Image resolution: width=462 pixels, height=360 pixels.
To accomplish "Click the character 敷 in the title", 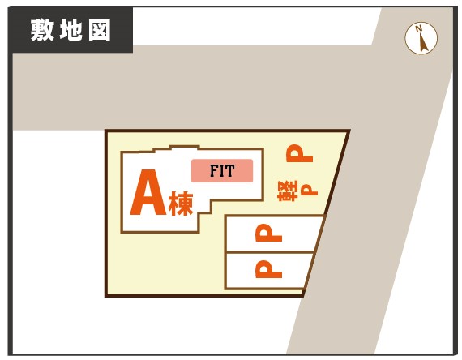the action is [x=42, y=30].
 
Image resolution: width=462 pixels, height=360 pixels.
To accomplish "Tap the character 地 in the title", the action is [x=71, y=30].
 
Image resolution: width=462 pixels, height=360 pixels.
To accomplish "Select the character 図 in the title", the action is [x=100, y=30].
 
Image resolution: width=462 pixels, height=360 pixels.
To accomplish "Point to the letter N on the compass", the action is [x=418, y=28].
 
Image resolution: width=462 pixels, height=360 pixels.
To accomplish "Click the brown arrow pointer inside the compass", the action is [x=423, y=42].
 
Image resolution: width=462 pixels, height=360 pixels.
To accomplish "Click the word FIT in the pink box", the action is [x=222, y=171].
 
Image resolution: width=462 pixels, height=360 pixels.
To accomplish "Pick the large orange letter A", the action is [x=148, y=192].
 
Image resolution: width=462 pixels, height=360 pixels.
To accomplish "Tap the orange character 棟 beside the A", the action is [x=181, y=204].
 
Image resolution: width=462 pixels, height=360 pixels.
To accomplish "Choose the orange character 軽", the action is [x=288, y=191].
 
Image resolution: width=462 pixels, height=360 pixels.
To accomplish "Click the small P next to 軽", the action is [x=309, y=190].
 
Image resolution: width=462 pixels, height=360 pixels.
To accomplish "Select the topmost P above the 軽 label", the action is [x=299, y=153].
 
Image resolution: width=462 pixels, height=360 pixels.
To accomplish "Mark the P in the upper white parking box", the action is [x=269, y=233].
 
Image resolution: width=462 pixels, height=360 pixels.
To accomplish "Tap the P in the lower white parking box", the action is [x=269, y=269].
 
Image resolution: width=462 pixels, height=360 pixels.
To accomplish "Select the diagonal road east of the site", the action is [x=368, y=207].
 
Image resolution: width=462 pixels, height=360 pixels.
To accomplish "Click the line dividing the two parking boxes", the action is [x=269, y=252].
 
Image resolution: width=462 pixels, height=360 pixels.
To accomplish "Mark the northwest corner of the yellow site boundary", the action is [x=106, y=131].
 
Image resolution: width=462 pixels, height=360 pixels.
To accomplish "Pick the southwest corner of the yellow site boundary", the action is [x=106, y=295].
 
